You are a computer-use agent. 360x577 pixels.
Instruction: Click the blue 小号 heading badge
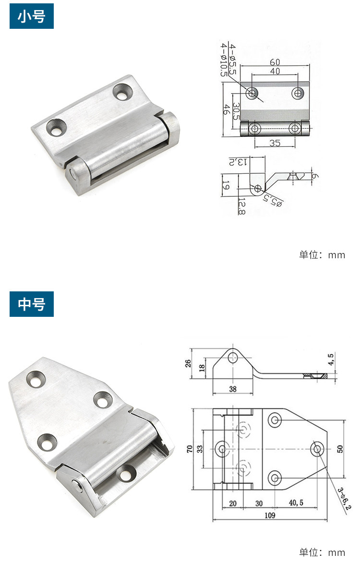[x=32, y=16]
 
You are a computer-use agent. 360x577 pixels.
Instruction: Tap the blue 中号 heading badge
[x=32, y=304]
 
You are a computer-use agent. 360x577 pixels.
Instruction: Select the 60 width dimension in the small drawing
[x=275, y=62]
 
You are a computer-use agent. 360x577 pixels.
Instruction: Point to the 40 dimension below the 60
[x=275, y=71]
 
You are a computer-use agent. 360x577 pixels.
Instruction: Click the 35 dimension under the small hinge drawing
[x=275, y=143]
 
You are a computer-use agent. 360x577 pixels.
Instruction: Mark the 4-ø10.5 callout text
[x=224, y=60]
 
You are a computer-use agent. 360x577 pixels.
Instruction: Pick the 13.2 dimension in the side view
[x=239, y=162]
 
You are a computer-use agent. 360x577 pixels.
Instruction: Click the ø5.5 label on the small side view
[x=273, y=201]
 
